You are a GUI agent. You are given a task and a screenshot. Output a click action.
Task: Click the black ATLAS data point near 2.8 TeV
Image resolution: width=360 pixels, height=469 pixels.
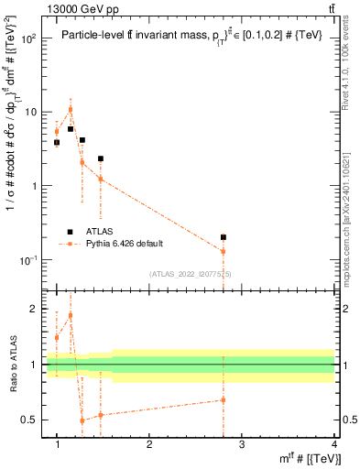(x=224, y=237)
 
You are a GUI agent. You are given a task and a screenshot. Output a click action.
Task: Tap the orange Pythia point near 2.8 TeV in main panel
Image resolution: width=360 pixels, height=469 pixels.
(x=224, y=251)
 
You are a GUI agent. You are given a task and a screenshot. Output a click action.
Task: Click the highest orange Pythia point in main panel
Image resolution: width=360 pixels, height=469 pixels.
(x=71, y=110)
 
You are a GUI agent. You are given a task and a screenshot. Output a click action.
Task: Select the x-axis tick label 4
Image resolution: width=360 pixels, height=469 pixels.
(x=334, y=445)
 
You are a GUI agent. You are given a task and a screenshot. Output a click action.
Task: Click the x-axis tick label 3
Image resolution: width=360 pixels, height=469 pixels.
(x=242, y=445)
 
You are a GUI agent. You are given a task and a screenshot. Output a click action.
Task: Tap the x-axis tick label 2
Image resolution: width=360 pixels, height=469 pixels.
(x=149, y=445)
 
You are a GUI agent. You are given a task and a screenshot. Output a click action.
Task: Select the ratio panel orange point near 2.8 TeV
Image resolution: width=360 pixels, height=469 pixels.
(x=224, y=399)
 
